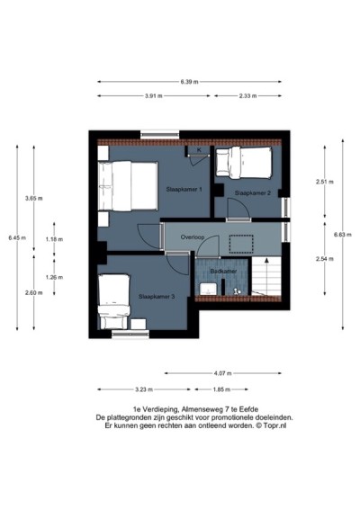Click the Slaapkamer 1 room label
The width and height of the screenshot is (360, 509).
click(184, 189)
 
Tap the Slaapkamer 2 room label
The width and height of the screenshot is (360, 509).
click(253, 193)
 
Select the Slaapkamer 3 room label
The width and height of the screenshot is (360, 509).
click(157, 297)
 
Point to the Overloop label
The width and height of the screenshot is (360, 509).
click(193, 237)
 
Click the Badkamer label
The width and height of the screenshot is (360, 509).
click(223, 271)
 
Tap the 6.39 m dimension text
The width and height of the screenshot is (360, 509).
click(189, 82)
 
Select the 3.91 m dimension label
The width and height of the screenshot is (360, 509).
click(154, 96)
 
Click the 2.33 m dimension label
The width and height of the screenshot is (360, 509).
click(247, 96)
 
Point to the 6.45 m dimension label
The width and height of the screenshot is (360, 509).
click(17, 237)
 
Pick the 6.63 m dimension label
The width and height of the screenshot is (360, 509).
click(343, 235)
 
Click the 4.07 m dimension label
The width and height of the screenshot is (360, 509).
click(223, 373)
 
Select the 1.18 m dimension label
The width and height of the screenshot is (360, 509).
click(54, 239)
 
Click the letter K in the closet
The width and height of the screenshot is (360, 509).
click(199, 150)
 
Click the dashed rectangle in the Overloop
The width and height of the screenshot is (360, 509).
click(241, 244)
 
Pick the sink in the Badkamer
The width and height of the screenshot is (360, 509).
click(208, 289)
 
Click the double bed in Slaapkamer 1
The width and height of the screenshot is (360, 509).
click(128, 186)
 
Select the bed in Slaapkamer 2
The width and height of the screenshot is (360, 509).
click(244, 163)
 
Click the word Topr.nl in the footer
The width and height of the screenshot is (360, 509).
click(274, 426)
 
